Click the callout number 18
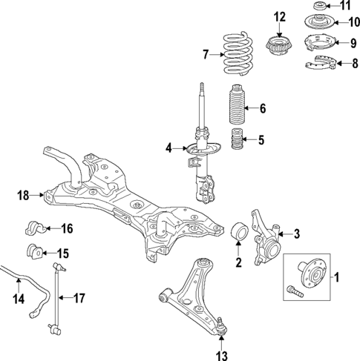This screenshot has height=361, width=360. [22, 196]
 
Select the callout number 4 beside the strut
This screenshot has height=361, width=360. [168, 149]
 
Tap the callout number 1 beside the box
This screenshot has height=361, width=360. [336, 278]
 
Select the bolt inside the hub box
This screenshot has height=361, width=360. [294, 293]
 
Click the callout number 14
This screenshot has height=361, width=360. [19, 299]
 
